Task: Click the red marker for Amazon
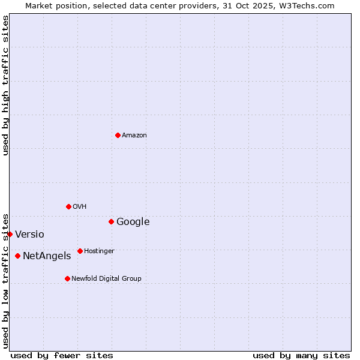(x=118, y=135)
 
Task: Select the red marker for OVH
(x=68, y=206)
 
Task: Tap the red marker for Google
(x=111, y=221)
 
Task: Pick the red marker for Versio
(x=10, y=234)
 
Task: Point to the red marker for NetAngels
(x=17, y=256)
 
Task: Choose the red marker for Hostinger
(x=80, y=251)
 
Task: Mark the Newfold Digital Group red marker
(x=67, y=278)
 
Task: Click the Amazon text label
(x=134, y=136)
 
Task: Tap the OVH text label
(x=80, y=207)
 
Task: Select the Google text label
(x=133, y=222)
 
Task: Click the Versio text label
(x=29, y=235)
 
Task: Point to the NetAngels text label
(x=47, y=256)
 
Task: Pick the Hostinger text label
(x=99, y=251)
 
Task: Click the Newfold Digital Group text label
(x=106, y=279)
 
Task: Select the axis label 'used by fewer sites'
(x=62, y=355)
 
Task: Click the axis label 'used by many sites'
(x=301, y=355)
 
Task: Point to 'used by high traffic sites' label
(x=5, y=85)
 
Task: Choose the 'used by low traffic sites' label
(x=5, y=280)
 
